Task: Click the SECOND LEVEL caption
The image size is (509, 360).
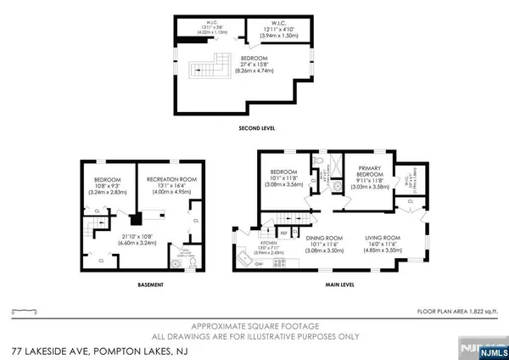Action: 256,128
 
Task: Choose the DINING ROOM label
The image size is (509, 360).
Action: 324,238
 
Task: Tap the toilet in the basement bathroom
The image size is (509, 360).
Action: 176,263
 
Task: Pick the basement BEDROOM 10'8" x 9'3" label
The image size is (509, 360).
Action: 107,184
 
